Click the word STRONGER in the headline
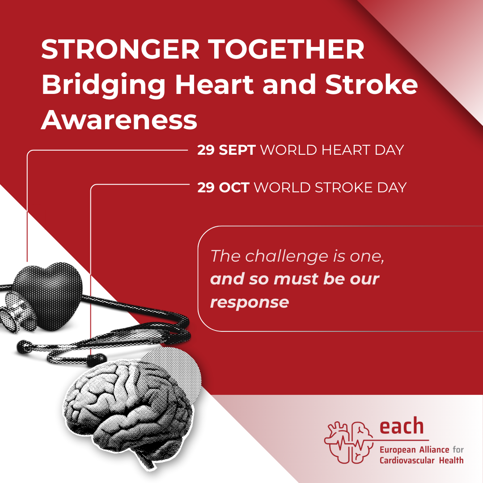point(120,49)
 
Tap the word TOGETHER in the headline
point(287,49)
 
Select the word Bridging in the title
point(103,85)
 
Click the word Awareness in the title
point(119,120)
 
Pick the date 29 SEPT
point(226,150)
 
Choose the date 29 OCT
point(223,187)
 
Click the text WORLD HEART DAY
point(332,150)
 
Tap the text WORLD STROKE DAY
point(330,187)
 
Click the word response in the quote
point(250,302)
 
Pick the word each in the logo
point(402,426)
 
